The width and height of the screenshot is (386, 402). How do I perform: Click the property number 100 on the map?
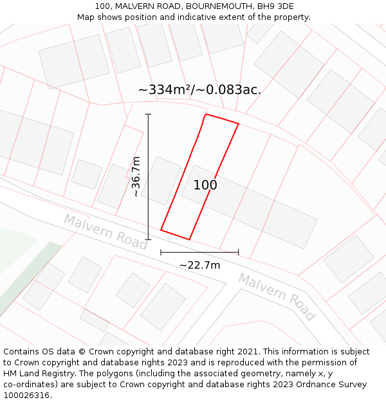tap(205, 185)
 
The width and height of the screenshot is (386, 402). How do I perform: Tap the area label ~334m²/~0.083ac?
tap(199, 90)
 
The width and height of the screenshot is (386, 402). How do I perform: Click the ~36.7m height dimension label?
tap(136, 176)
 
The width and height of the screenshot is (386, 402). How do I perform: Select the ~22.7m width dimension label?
tap(199, 265)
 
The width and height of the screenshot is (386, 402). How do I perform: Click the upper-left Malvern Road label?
tap(106, 232)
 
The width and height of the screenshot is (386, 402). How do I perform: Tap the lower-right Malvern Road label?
tap(277, 297)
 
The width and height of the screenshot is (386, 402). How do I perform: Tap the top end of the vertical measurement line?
tap(148, 114)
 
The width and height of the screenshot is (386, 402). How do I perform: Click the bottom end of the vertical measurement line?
tap(148, 239)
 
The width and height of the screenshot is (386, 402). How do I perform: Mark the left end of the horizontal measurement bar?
tap(161, 252)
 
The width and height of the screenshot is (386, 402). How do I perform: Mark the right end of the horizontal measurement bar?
tap(239, 252)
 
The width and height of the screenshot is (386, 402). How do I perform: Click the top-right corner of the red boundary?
tap(239, 123)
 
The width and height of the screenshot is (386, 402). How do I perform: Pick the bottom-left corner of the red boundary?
tap(161, 230)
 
